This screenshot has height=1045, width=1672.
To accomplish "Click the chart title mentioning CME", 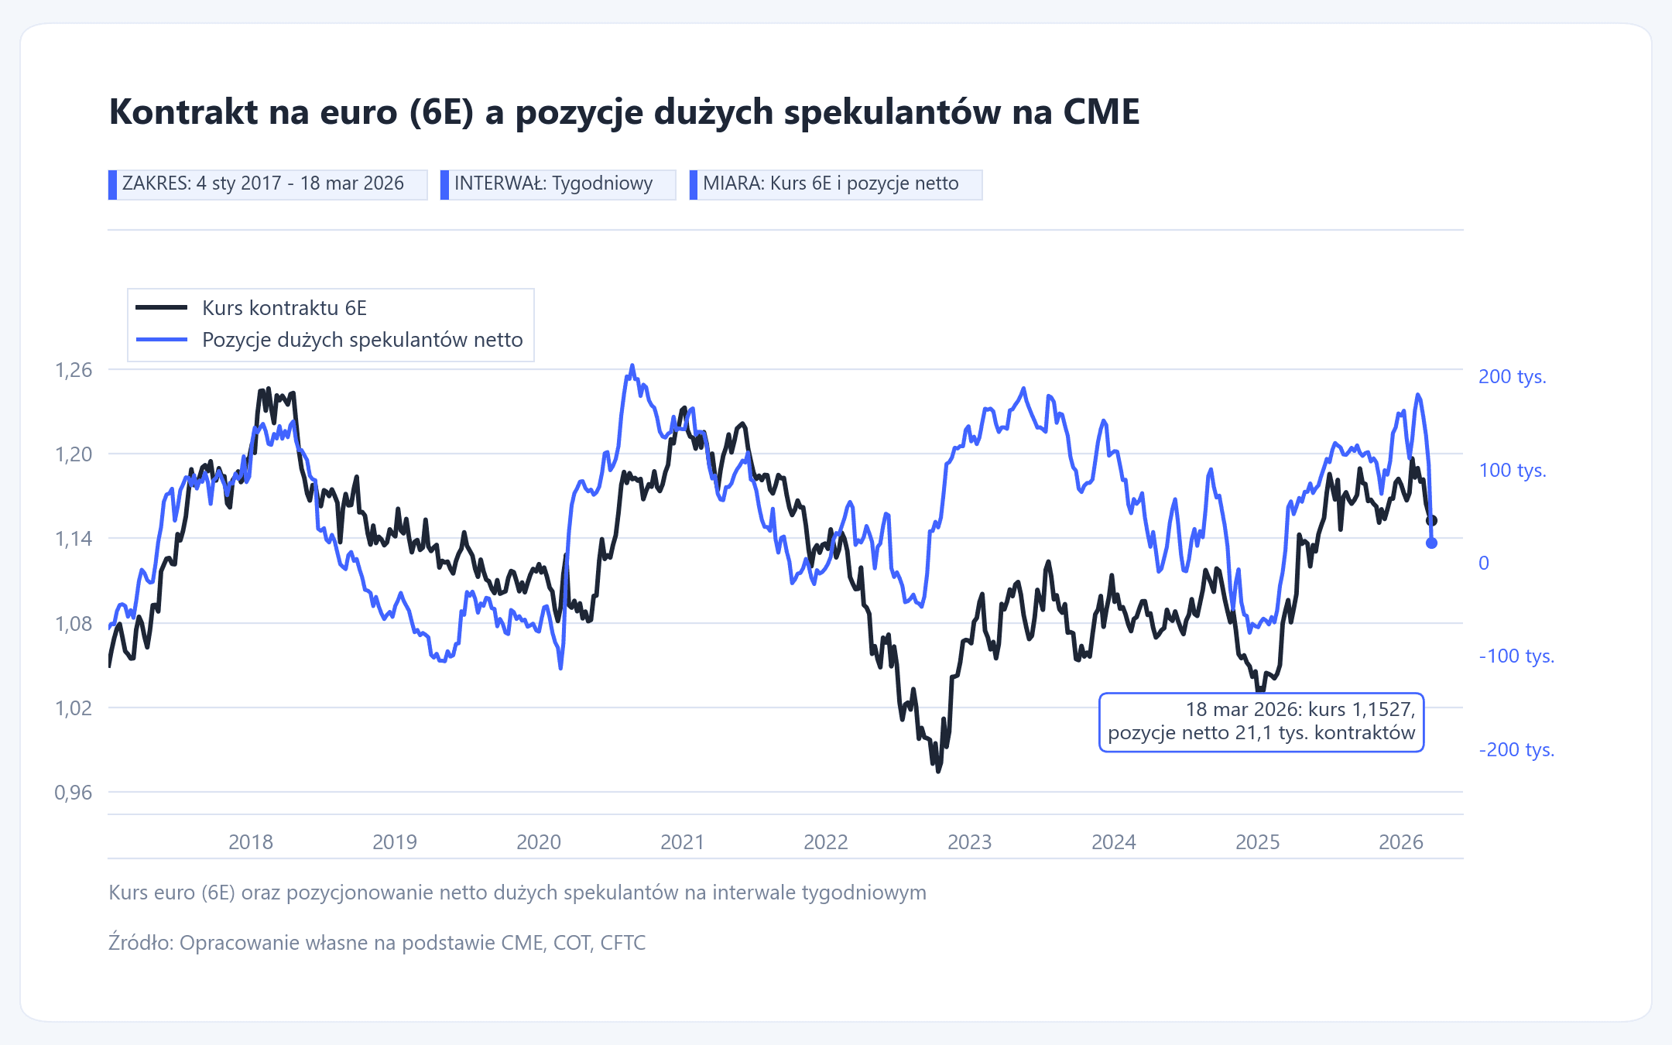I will [x=624, y=112].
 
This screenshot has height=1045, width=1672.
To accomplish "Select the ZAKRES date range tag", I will [x=267, y=184].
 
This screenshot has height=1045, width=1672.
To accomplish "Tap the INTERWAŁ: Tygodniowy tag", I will [x=557, y=184].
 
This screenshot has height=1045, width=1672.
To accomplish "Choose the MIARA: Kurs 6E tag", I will [x=835, y=184].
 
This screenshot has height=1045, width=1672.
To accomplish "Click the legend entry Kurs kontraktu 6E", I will [x=283, y=308].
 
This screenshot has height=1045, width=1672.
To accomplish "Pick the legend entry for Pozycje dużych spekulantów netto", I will [x=361, y=340].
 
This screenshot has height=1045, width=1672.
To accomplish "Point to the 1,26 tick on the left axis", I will [x=74, y=370].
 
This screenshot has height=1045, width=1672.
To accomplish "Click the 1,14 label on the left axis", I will [x=74, y=539].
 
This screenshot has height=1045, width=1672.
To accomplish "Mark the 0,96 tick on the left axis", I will [x=74, y=793].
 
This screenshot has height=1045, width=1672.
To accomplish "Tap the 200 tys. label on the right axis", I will [x=1512, y=377].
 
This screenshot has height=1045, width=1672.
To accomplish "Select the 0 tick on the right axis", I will [x=1483, y=564].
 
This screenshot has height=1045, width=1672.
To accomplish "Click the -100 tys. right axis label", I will [x=1516, y=656].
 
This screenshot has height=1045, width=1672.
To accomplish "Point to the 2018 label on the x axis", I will [x=251, y=842].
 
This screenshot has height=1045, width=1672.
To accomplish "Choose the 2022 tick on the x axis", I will [x=826, y=842].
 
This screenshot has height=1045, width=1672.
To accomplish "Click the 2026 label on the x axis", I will [x=1401, y=842].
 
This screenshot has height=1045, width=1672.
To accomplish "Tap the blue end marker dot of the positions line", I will [x=1431, y=543].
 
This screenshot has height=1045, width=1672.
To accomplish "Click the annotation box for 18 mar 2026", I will [x=1261, y=721].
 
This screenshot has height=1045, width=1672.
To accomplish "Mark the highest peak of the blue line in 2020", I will [x=632, y=366].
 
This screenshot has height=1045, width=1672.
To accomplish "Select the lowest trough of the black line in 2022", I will [x=939, y=771].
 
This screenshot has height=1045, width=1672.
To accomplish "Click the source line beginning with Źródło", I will [x=377, y=943].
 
